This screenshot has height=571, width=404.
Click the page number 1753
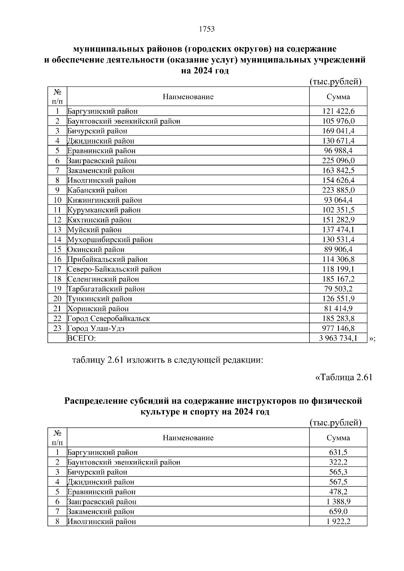207,29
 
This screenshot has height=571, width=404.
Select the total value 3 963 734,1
338,338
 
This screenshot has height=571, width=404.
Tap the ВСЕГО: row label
81,338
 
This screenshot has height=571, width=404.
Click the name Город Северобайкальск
109,318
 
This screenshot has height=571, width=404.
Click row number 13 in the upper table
57,230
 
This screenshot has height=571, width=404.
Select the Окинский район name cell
96,250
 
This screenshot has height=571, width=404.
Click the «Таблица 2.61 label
343,377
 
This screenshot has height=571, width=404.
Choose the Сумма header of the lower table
338,438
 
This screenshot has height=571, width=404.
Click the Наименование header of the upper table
188,97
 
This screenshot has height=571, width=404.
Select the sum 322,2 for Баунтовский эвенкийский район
338,462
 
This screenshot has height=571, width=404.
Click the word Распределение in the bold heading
96,401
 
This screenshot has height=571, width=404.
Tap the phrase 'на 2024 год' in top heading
205,71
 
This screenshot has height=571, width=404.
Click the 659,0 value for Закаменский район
338,511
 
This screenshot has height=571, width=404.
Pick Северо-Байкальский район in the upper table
114,269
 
